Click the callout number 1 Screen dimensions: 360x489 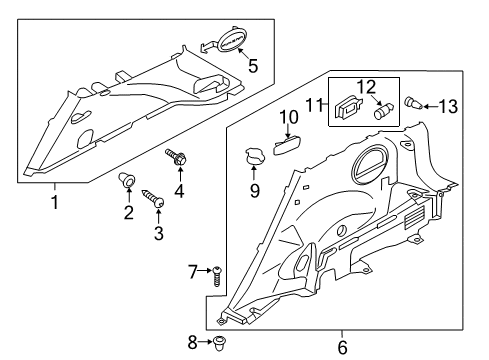pos(55,201)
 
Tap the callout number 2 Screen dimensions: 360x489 pos(128,212)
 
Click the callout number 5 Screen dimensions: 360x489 pos(253,67)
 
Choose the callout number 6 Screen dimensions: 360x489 pos(342,347)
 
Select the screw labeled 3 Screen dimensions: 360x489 pos(157,201)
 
